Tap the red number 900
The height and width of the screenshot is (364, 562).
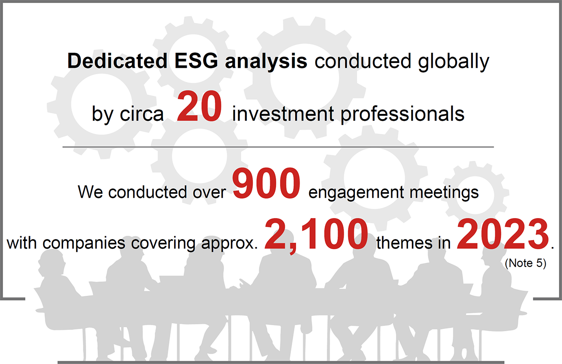(266, 183)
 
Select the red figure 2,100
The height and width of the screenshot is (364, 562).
(316, 235)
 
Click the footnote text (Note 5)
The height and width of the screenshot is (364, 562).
(525, 263)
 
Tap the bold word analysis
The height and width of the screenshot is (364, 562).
(266, 62)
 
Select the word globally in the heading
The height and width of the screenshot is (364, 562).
(453, 62)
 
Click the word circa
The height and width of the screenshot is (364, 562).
(142, 114)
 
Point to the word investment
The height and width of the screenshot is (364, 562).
(283, 114)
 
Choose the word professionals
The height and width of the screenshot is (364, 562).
(402, 115)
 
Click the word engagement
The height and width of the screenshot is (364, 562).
(356, 193)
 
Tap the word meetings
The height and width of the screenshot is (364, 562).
(444, 193)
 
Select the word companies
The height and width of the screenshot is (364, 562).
(84, 244)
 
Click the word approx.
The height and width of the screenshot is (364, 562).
(230, 244)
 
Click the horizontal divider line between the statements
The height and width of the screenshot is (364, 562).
(278, 147)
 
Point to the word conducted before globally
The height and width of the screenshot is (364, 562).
(363, 61)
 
